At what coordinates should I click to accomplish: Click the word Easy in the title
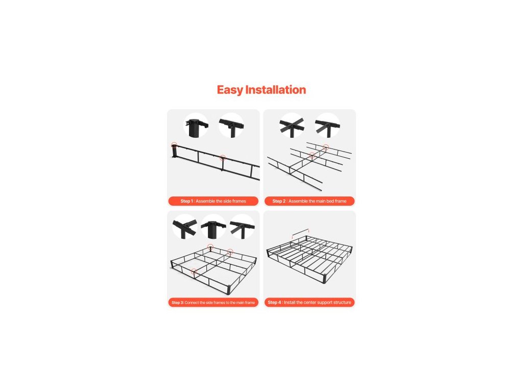230,90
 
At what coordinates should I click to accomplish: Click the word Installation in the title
275,90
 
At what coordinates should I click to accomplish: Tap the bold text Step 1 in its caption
187,201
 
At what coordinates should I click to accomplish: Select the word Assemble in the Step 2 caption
298,201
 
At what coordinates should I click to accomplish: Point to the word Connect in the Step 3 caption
192,303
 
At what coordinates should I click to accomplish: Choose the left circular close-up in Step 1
197,126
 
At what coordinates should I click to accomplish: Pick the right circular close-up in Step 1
231,126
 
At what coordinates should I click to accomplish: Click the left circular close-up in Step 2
292,126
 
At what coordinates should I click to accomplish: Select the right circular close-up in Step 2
327,126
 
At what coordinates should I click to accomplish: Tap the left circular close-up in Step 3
185,227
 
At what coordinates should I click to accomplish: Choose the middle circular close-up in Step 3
213,227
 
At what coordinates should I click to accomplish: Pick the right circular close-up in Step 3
243,227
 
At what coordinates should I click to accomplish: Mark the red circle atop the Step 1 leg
174,145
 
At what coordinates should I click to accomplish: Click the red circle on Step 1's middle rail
223,158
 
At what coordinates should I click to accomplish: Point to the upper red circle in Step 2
326,148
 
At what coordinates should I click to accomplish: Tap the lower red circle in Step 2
312,155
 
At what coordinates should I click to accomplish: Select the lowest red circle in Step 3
194,272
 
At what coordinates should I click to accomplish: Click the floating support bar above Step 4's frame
300,232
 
